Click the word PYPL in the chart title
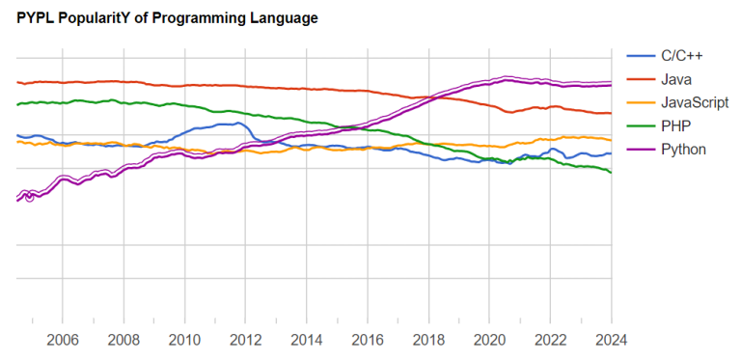(36, 18)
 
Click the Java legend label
(675, 78)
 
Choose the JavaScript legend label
(694, 102)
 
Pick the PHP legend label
(674, 125)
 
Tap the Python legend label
(682, 150)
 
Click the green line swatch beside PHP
(641, 125)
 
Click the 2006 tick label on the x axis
(63, 340)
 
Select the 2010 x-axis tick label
(184, 340)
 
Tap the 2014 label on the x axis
(306, 340)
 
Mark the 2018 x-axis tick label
(427, 340)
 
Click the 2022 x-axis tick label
(550, 340)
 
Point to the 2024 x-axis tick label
(611, 340)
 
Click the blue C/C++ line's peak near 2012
(237, 123)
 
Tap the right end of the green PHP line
(611, 172)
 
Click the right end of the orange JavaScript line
(611, 140)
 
